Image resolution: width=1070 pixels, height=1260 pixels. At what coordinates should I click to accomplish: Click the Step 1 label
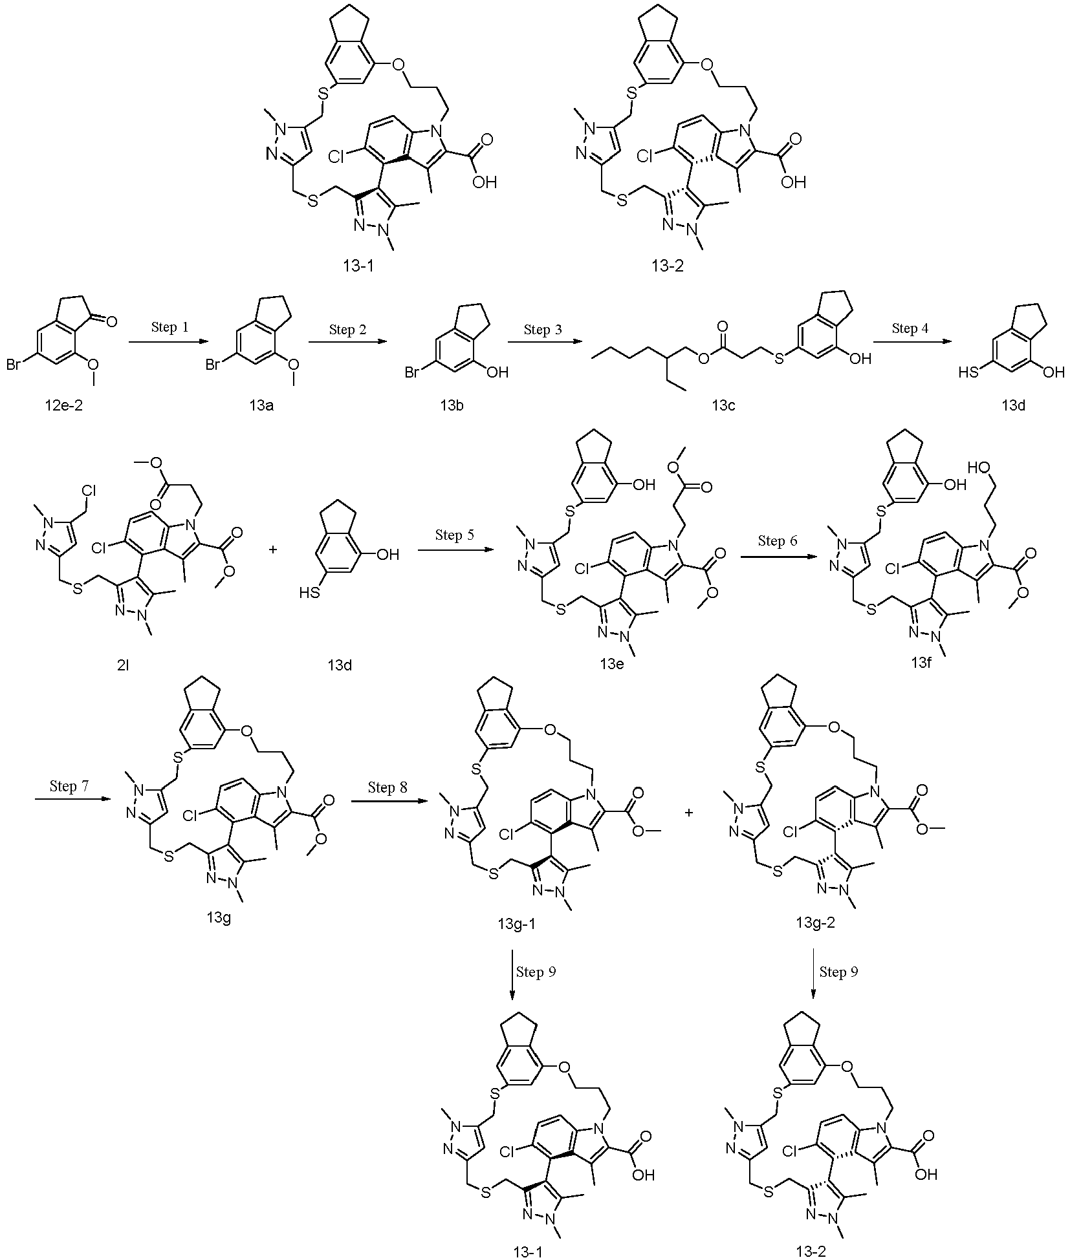[170, 328]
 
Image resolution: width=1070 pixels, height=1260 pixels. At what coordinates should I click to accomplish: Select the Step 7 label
[69, 786]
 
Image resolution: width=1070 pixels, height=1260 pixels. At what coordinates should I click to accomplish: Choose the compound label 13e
[611, 665]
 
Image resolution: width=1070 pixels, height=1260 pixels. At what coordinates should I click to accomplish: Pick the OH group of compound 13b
[498, 372]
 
